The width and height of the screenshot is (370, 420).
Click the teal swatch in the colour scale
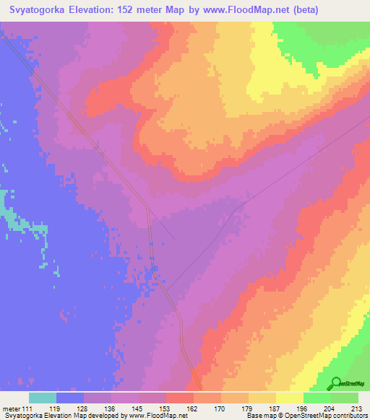click(43, 398)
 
